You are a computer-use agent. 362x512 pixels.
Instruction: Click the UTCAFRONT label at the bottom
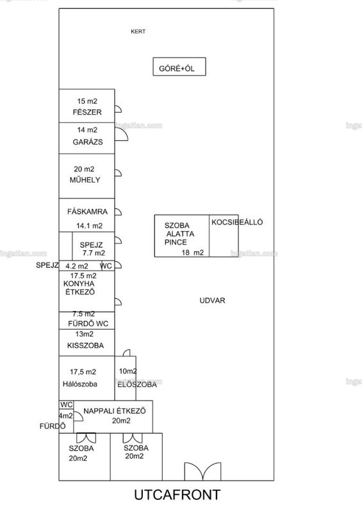coord(177,495)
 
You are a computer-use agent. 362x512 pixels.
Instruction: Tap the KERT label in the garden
coord(138,31)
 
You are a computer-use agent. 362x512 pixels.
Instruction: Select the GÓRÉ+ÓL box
coord(179,67)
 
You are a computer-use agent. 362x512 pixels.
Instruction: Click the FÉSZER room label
coord(87,112)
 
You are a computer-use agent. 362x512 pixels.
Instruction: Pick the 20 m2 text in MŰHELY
coord(84,169)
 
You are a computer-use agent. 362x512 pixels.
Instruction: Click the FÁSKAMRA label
coord(87,212)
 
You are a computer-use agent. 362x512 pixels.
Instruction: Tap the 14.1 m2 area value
coord(89,226)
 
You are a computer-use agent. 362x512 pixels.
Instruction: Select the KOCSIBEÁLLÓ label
coord(237,222)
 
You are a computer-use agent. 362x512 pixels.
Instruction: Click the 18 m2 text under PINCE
coord(193,252)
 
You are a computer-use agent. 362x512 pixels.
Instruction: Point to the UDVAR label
coord(212,300)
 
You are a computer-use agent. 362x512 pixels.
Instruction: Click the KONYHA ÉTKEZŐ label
coord(79,287)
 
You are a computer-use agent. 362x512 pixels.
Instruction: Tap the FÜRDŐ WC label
coord(88,324)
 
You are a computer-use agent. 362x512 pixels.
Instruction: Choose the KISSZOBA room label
coord(85,346)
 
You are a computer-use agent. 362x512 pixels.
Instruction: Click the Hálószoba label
coord(80,384)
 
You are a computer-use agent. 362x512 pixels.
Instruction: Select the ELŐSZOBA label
coord(137,385)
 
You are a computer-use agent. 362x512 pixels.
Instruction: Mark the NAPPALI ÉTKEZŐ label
coord(115,411)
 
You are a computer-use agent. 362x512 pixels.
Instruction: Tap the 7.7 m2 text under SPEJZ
coord(94,253)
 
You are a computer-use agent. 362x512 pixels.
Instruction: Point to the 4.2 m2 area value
coord(76,266)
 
